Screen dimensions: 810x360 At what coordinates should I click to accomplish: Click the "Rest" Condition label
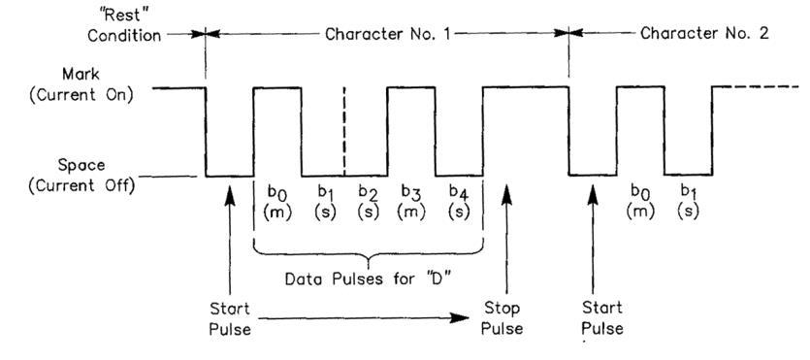coord(124,25)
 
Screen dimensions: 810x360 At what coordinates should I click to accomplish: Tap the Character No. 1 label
coord(388,34)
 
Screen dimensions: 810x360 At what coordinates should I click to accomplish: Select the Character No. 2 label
coord(704,34)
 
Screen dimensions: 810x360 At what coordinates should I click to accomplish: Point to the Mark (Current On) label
coord(81,85)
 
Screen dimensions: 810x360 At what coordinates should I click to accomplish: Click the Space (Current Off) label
coord(81,175)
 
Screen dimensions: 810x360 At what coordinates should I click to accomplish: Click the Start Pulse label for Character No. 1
coord(230,318)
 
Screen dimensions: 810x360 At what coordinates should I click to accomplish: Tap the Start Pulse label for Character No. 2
coord(602,318)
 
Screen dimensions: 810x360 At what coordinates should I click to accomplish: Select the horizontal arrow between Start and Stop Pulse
coord(364,318)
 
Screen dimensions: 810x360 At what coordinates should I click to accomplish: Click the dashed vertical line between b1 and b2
coord(344,131)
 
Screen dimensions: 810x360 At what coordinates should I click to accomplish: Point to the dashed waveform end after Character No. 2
coord(757,86)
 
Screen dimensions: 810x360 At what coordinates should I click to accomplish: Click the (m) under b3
coord(412,213)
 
